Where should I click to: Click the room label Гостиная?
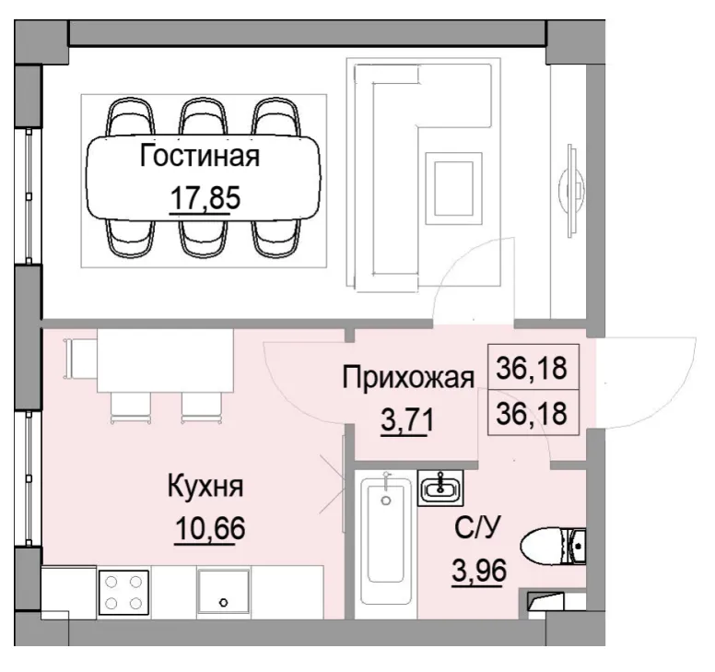tap(199, 156)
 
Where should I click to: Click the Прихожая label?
tap(408, 377)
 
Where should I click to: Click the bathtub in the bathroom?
tap(385, 544)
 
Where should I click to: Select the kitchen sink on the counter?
tap(222, 592)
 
